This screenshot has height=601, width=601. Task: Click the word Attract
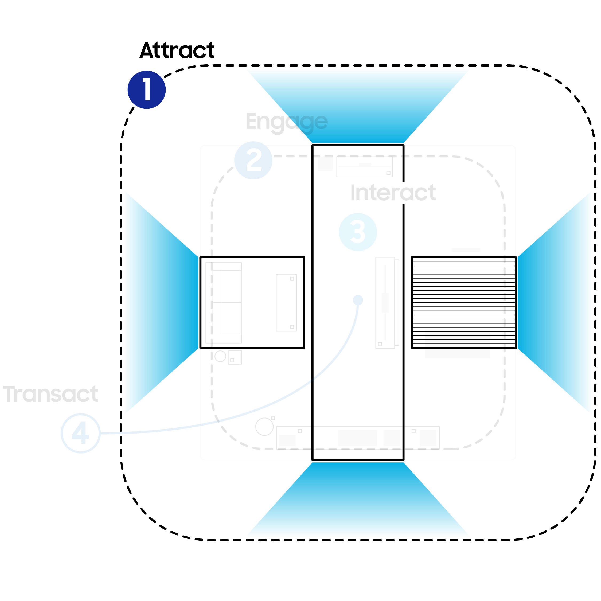coord(177,50)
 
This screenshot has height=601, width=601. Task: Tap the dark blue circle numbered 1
coord(147,90)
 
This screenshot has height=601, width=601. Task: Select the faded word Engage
coord(287,123)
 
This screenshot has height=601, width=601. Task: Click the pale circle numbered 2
coord(253,160)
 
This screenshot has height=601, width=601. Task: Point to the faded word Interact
coord(393,193)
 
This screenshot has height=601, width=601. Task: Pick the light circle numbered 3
coord(358,232)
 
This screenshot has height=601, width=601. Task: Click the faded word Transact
coord(51,394)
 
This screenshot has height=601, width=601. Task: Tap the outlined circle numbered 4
coord(81,433)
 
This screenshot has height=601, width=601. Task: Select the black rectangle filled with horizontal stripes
coord(464,303)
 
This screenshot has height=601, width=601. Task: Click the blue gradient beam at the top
coord(358,106)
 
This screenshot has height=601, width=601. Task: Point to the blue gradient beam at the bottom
coord(358,499)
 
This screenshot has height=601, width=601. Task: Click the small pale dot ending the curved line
coord(358,300)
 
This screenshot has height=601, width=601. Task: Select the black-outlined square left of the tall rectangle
coord(252,303)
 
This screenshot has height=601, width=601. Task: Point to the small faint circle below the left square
coord(220,356)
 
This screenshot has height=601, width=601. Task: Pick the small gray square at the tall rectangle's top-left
coord(325,164)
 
